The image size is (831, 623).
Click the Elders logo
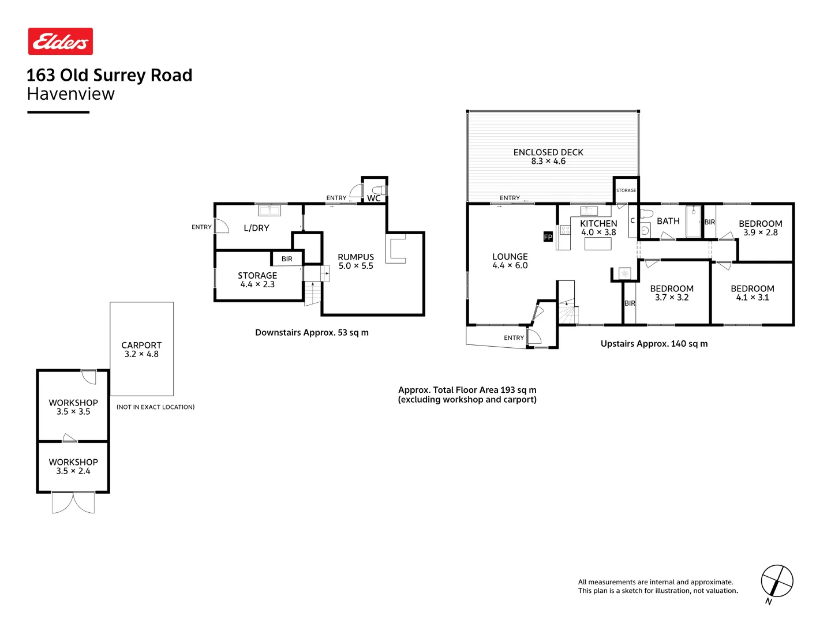[x=61, y=42]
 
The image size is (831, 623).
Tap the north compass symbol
[x=777, y=581]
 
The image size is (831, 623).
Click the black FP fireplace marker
[x=548, y=237]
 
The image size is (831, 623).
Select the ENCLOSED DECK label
[x=548, y=152]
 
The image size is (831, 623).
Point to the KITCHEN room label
[x=598, y=223]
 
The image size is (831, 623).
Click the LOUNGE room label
[x=510, y=257]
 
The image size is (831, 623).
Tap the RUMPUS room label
[x=355, y=257]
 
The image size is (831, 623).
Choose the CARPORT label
[x=141, y=345]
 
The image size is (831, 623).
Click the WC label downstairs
[x=373, y=198]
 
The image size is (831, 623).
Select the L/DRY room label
[x=256, y=228]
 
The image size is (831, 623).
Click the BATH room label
[x=668, y=221]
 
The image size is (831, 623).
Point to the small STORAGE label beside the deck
[x=626, y=190]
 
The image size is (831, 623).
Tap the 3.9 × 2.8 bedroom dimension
[x=760, y=232]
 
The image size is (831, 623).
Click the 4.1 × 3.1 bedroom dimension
[x=752, y=298]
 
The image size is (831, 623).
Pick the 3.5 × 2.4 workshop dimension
[x=73, y=471]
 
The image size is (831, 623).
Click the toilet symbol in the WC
[x=379, y=190]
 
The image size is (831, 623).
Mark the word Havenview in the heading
[x=71, y=94]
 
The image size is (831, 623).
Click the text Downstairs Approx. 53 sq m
[x=312, y=332]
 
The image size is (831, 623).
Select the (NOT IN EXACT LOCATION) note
[x=155, y=407]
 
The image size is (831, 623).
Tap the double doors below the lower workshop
[x=73, y=502]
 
